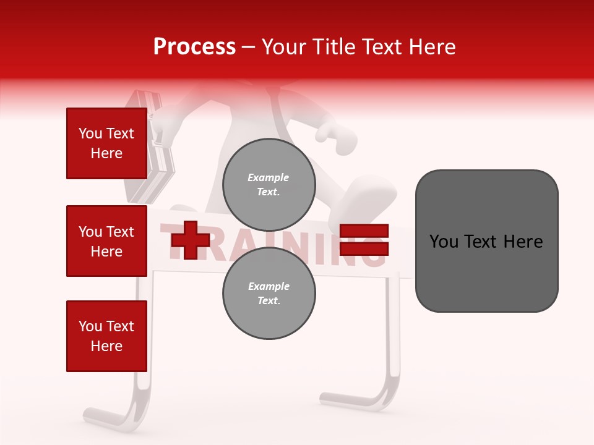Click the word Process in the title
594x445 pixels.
[x=194, y=47]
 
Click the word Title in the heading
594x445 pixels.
[x=332, y=47]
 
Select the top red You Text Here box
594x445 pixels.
[x=106, y=143]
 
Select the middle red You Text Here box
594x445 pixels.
[x=106, y=241]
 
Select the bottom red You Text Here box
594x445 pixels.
[x=106, y=336]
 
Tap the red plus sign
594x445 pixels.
[x=190, y=240]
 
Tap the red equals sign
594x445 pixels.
[x=364, y=240]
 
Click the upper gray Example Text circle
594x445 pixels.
[x=269, y=184]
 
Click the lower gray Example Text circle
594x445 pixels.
[x=269, y=293]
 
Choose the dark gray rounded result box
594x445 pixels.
[x=486, y=241]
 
